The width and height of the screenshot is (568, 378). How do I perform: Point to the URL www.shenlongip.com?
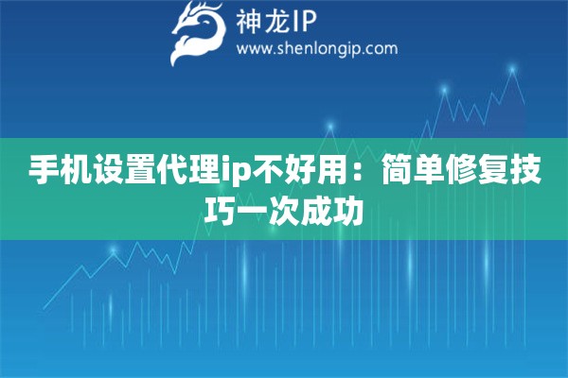click(x=316, y=48)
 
